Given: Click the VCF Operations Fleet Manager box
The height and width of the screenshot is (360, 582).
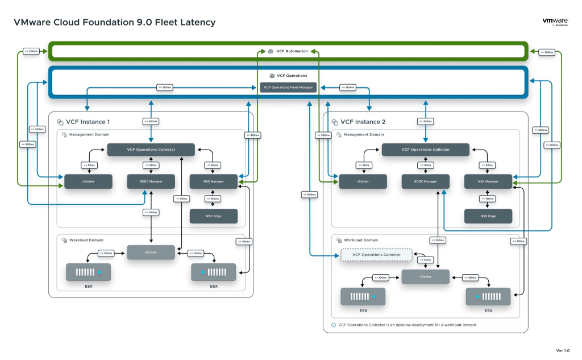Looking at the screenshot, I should (288, 87).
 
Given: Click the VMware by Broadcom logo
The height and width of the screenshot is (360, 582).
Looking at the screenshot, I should (556, 22).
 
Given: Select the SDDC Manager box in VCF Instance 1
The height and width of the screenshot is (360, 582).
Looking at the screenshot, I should (151, 181).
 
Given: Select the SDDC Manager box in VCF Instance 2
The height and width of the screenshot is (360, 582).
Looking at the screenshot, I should (425, 181).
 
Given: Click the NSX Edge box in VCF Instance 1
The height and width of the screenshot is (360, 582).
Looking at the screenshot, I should (213, 216).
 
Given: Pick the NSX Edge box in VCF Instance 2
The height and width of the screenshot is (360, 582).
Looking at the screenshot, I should (488, 216).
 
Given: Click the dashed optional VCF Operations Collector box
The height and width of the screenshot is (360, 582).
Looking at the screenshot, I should (376, 255).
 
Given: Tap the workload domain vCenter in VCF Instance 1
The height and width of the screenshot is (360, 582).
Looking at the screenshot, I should (151, 252).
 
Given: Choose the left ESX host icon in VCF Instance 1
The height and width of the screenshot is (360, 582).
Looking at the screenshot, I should (88, 272).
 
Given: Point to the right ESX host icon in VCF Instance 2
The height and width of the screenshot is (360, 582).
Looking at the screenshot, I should (488, 296).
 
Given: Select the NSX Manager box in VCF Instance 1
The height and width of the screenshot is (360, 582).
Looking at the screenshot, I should (213, 181).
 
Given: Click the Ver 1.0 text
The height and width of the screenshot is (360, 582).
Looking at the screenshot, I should (563, 350).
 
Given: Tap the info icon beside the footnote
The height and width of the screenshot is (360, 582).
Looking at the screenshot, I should (334, 325).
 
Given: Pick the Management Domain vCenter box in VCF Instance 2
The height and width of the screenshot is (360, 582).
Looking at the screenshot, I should (363, 181).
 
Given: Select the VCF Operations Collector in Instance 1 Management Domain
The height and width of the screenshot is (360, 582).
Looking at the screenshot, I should (151, 150).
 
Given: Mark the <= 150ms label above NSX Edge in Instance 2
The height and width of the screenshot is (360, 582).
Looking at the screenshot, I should (488, 198).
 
